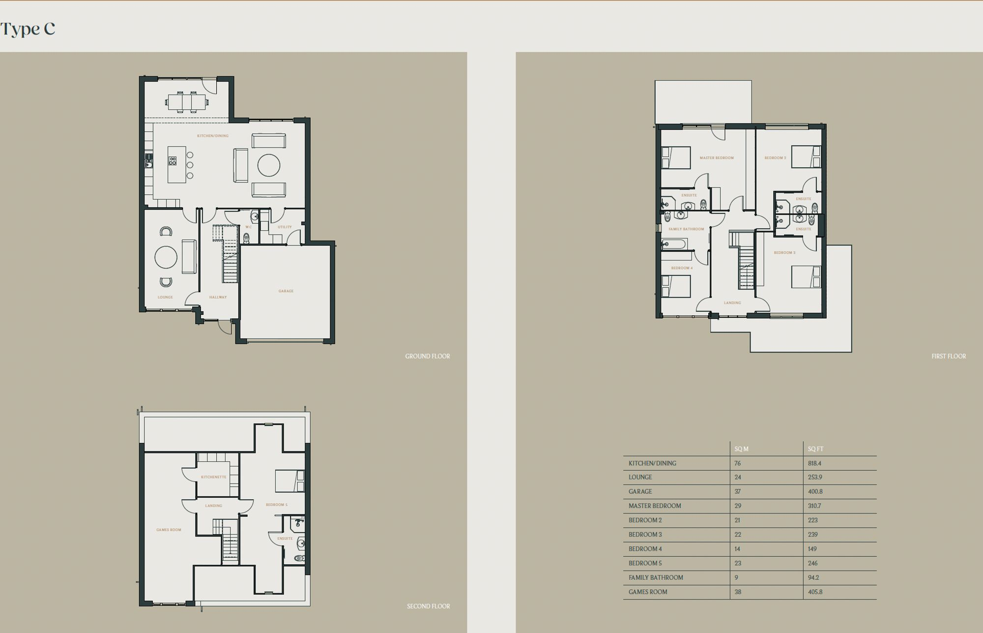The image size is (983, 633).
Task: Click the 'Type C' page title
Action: click(28, 29)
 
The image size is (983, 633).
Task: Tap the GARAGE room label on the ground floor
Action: click(286, 291)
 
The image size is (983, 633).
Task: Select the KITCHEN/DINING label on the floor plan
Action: click(213, 136)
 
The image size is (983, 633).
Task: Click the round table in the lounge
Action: click(166, 257)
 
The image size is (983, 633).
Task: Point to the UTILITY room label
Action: click(285, 227)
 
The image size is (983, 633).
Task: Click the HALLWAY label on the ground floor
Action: click(218, 297)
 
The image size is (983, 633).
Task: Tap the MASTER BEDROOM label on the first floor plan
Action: click(717, 158)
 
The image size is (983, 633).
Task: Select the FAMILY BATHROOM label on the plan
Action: click(686, 229)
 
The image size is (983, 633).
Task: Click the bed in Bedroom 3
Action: click(806, 277)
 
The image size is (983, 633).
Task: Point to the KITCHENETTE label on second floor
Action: click(214, 477)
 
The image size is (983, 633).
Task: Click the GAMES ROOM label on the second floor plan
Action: click(169, 530)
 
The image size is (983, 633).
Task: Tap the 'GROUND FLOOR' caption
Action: click(427, 356)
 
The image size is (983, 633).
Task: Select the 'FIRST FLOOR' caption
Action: click(948, 356)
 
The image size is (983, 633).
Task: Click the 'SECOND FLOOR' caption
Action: click(428, 606)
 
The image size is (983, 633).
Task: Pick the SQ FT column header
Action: click(815, 449)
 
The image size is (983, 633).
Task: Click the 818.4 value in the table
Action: click(814, 463)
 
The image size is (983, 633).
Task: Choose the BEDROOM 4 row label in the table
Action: click(645, 549)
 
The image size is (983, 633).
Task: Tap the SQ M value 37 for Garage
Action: click(737, 491)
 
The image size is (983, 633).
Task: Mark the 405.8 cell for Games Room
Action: click(815, 592)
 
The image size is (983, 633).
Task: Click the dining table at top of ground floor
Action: click(187, 102)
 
